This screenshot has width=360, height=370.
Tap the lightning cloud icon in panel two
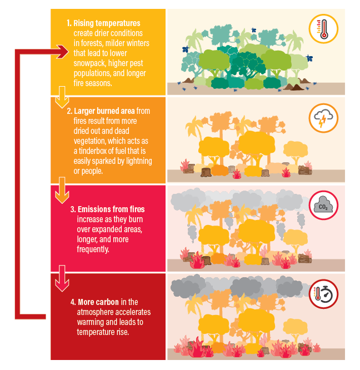click(x=323, y=119)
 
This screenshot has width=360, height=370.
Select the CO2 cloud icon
click(x=323, y=207)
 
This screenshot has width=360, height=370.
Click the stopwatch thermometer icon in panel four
click(x=323, y=295)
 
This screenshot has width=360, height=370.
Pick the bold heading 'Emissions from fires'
click(x=111, y=209)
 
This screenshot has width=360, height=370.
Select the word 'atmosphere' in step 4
click(x=96, y=312)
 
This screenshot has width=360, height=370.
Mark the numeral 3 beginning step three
click(x=73, y=209)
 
